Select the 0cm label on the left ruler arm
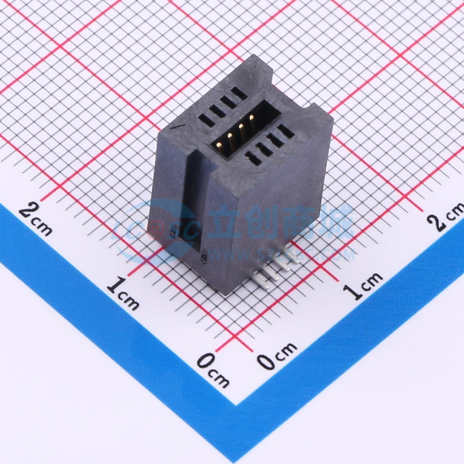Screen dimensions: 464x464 tap(213, 369)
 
